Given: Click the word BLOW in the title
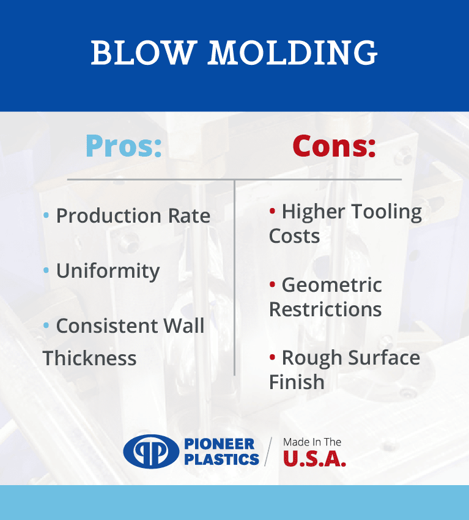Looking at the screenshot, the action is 142,53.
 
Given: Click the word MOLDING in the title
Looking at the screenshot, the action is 293,53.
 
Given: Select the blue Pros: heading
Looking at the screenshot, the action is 124,146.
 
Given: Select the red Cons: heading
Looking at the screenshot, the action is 334,146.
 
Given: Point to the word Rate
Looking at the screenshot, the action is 190,216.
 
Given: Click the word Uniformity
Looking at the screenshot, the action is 108,271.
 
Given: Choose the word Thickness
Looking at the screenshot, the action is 89,358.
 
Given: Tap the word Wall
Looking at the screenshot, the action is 184,325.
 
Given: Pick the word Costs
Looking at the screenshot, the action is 294,236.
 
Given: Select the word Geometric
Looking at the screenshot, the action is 332,285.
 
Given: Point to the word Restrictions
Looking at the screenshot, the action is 325,309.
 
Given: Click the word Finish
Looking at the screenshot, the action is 297,382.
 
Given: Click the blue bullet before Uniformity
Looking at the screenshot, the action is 46,270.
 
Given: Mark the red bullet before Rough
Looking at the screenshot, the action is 273,357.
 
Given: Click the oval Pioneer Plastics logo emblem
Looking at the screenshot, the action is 151,451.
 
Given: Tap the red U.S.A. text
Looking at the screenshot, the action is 314,459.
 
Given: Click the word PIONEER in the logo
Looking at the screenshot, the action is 219,444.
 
